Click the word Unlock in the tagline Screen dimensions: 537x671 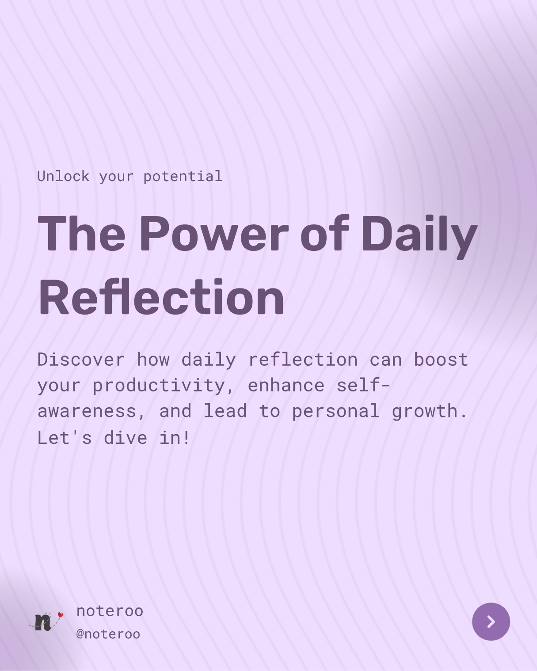click(63, 177)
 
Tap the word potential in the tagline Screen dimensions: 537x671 click(183, 177)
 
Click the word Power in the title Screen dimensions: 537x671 click(214, 233)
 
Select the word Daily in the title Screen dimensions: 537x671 click(419, 236)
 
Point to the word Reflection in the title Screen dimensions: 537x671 click(161, 296)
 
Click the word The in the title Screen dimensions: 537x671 click(81, 233)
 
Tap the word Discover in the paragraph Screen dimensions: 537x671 click(81, 360)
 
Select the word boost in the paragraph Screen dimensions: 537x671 click(441, 360)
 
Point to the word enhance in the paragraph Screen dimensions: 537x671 click(286, 386)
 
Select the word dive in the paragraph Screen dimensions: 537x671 click(126, 438)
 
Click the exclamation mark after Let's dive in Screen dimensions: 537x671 click(187, 438)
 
